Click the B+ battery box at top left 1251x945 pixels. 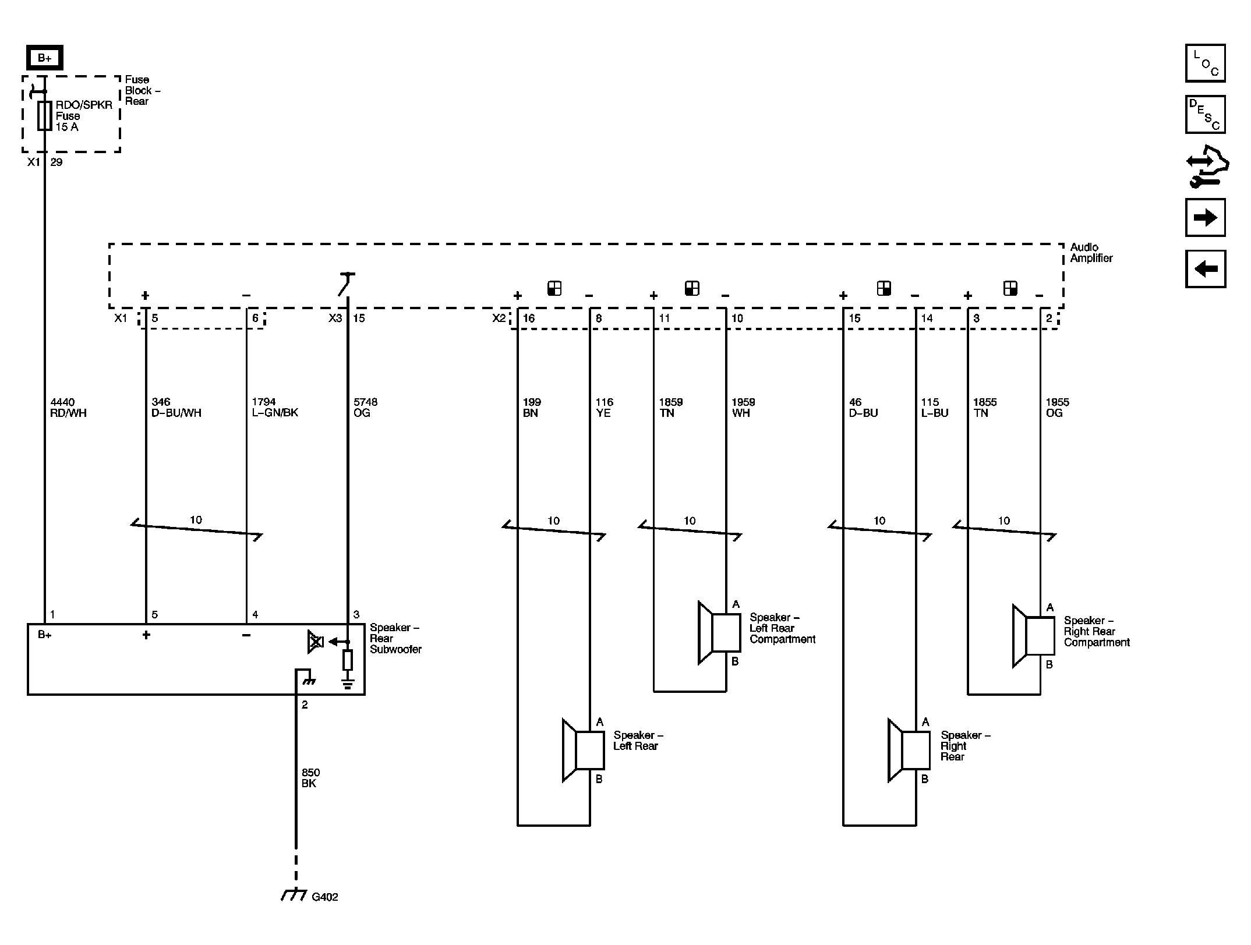pyautogui.click(x=45, y=58)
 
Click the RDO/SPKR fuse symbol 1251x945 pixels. pyautogui.click(x=45, y=115)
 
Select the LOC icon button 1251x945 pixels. pyautogui.click(x=1205, y=63)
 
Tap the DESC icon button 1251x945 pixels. pyautogui.click(x=1205, y=115)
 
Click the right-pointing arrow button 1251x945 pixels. pyautogui.click(x=1205, y=218)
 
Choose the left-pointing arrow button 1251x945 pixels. pyautogui.click(x=1205, y=269)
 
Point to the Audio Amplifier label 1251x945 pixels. pyautogui.click(x=1091, y=253)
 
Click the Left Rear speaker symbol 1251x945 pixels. pyautogui.click(x=583, y=750)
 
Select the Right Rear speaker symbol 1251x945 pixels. pyautogui.click(x=909, y=750)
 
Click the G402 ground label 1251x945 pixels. pyautogui.click(x=325, y=897)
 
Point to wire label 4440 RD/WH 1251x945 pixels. pyautogui.click(x=68, y=408)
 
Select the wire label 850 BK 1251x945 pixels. pyautogui.click(x=310, y=778)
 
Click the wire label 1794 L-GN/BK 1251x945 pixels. pyautogui.click(x=275, y=408)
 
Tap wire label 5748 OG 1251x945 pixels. pyautogui.click(x=365, y=408)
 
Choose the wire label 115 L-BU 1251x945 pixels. pyautogui.click(x=935, y=408)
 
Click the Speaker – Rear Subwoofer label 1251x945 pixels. pyautogui.click(x=395, y=638)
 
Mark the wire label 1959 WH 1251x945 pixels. pyautogui.click(x=743, y=408)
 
